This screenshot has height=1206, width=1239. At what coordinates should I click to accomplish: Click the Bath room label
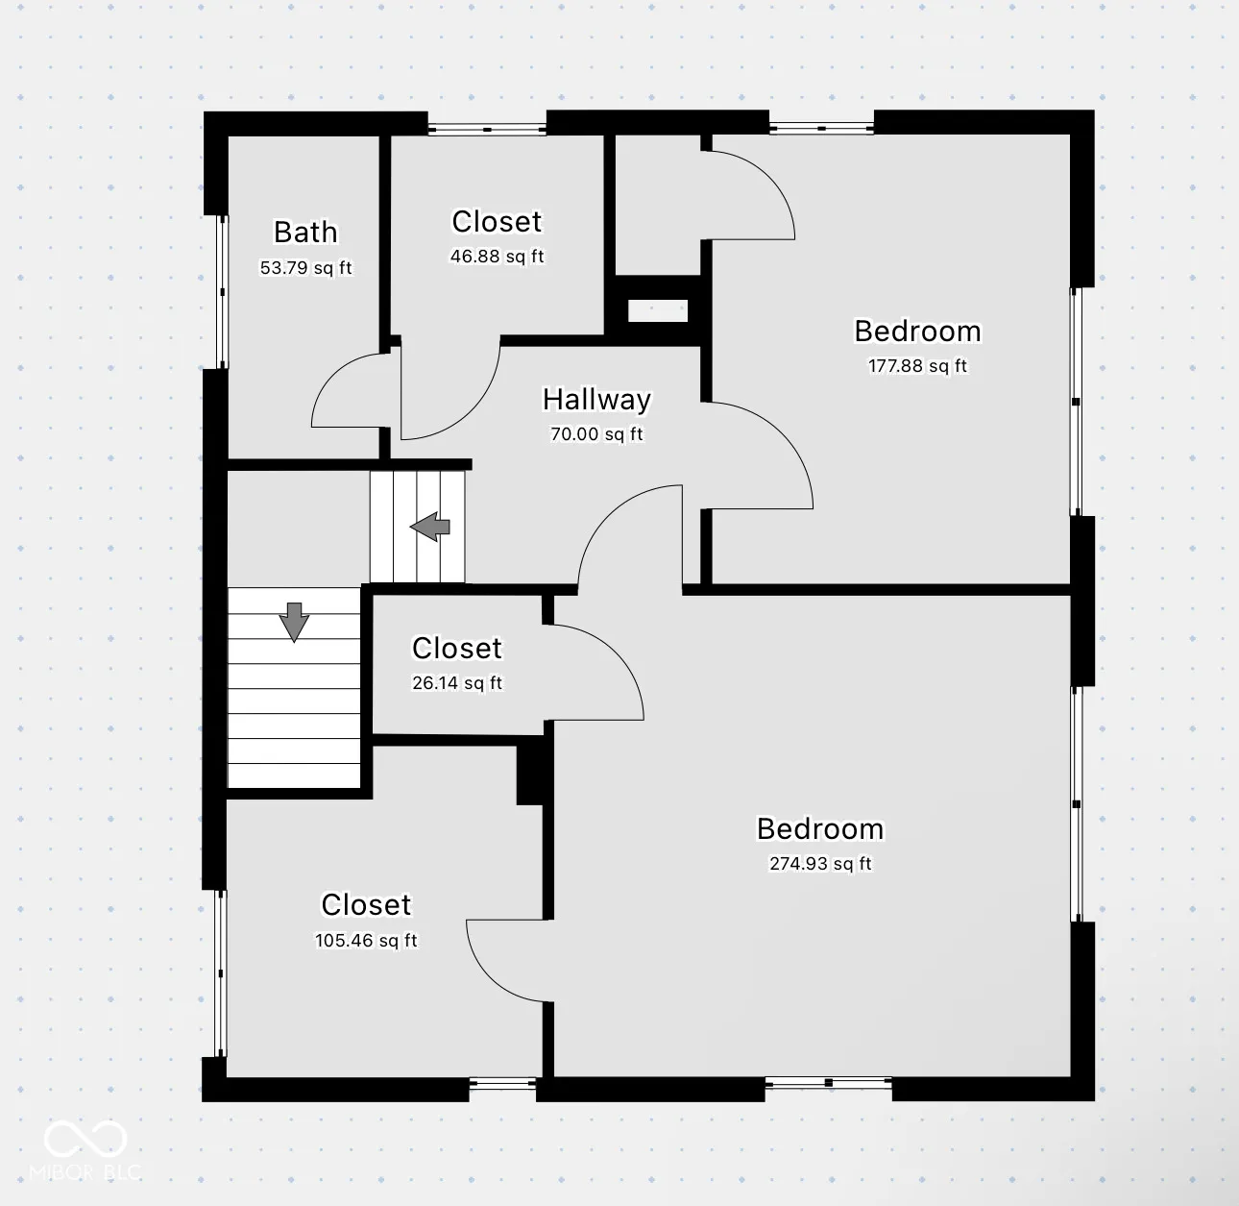click(x=305, y=232)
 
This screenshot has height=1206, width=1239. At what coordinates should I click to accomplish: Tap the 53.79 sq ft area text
click(x=305, y=267)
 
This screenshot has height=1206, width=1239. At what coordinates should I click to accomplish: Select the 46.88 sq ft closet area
click(x=497, y=257)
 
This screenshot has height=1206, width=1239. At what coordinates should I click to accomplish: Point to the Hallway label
click(x=596, y=400)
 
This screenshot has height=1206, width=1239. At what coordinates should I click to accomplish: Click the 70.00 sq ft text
click(x=596, y=433)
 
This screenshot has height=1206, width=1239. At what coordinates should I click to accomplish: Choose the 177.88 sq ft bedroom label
click(x=917, y=366)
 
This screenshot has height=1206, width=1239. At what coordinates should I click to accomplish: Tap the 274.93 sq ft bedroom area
click(x=820, y=863)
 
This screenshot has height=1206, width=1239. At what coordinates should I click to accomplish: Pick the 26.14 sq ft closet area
click(x=457, y=683)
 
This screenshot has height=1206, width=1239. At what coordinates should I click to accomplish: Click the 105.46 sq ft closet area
click(x=366, y=941)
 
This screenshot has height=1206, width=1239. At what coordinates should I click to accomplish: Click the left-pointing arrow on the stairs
click(x=430, y=527)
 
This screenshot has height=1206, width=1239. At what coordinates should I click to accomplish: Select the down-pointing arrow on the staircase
click(x=294, y=622)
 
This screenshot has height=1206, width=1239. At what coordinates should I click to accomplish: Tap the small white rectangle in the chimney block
click(x=658, y=311)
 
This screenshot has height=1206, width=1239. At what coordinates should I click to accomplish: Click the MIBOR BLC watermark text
click(x=85, y=1172)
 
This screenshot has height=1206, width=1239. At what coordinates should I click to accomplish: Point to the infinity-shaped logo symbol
click(x=85, y=1139)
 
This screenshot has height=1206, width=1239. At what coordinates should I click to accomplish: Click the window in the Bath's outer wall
click(x=222, y=292)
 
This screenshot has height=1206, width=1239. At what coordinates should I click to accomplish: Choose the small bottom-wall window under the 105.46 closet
click(x=503, y=1083)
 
